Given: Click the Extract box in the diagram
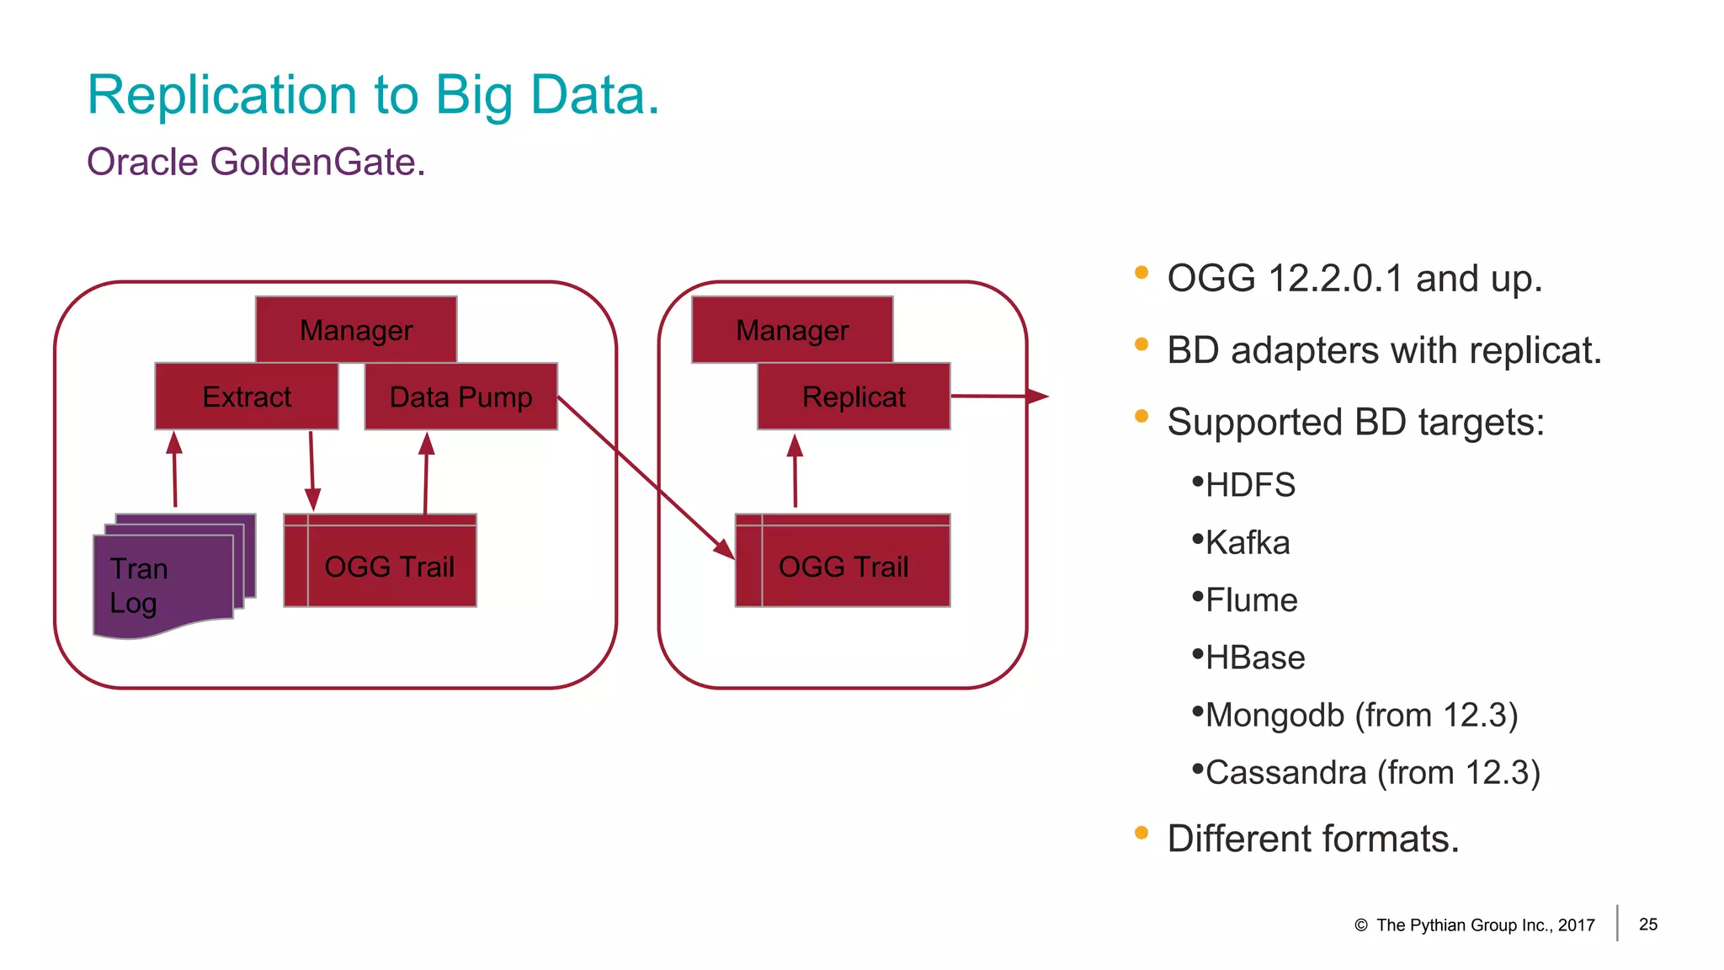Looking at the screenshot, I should pos(247,397).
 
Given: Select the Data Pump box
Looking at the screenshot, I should pos(460,397).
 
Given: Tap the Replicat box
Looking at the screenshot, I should pos(854,397).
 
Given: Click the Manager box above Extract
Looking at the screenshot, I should pos(356,330).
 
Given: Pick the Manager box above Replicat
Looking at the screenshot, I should pos(792,330).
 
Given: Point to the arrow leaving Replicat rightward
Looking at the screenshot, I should pos(998,396).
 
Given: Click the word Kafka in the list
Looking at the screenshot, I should pos(1248,543).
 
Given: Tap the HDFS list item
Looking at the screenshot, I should pos(1250,486).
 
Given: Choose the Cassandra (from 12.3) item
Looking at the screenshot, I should pos(1372,773).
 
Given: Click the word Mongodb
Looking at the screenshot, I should pos(1274,716).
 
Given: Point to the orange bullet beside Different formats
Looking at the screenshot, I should pos(1141,833).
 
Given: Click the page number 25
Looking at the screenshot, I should pos(1648,925).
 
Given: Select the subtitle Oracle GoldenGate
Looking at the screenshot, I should pos(256,162).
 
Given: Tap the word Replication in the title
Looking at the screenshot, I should pos(222,94).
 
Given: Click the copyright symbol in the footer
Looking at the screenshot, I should pos(1361,925).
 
